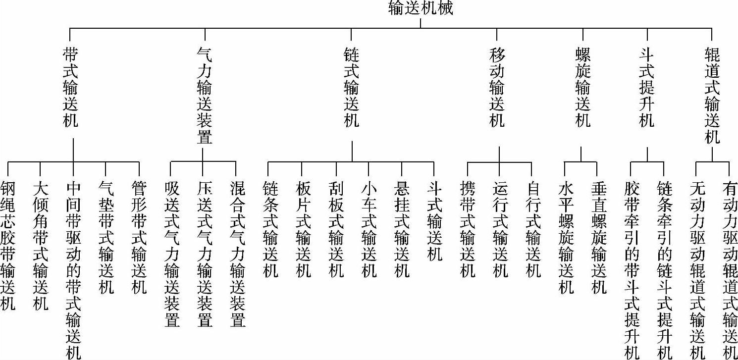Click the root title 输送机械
421,8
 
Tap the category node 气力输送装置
205,96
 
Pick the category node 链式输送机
351,87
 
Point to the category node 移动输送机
497,87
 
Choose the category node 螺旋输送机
583,87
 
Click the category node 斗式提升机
647,87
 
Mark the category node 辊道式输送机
712,96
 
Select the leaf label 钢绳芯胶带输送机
8,245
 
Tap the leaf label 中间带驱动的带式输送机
73,269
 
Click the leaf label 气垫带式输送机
106,237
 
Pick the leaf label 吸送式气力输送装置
171,254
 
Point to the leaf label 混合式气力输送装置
237,254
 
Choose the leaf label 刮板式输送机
336,229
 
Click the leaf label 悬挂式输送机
402,229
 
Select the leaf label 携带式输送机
468,229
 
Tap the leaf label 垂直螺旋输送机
599,237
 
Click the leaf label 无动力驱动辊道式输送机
697,269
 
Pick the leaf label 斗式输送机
434,220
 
